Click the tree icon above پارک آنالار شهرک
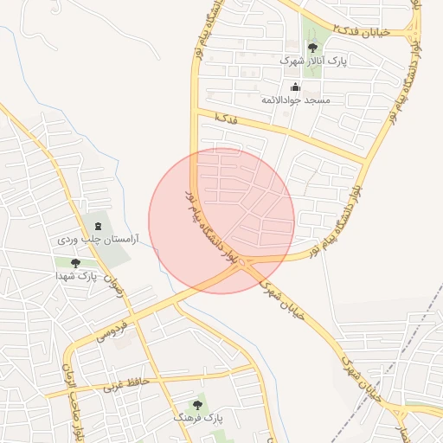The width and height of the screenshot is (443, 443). pos(312,48)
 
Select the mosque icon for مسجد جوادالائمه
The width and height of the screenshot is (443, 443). pos(295,87)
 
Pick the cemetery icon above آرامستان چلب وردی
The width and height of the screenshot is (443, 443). pos(96,226)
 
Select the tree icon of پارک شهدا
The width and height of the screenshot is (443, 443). pos(75,263)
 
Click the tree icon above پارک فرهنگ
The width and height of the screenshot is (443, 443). pos(198,403)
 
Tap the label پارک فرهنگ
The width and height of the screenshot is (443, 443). pos(198,417)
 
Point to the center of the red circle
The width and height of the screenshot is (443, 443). pos(221,221)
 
